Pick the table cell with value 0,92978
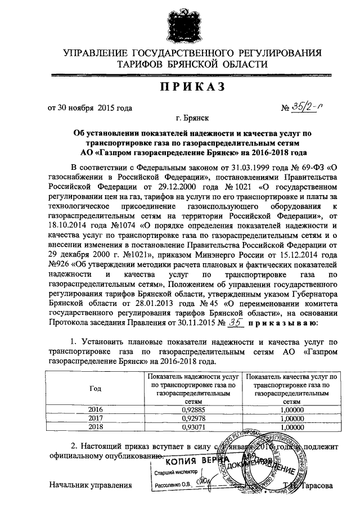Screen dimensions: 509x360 193,418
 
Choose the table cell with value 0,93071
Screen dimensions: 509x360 193,427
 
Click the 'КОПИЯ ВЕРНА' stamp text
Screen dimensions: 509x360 190,461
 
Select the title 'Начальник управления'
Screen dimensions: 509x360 90,485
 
